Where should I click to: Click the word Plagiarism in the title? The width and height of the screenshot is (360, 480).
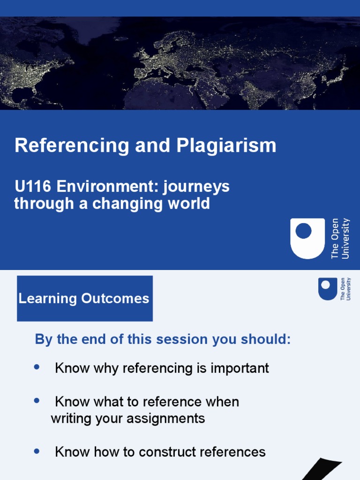[226, 146]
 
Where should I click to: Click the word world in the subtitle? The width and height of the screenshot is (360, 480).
[188, 204]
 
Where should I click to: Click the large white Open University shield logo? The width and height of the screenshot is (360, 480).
[307, 238]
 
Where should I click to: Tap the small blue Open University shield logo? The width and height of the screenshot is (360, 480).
[328, 288]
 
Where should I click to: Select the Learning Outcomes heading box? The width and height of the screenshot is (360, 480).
[85, 299]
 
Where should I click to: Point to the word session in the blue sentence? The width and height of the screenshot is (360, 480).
[186, 340]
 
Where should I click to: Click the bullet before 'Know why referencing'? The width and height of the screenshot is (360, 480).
[37, 367]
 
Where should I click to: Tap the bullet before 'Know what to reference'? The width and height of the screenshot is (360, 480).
[37, 401]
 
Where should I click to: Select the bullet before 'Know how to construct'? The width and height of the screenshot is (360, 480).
[37, 451]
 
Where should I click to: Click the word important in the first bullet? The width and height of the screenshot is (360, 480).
[240, 368]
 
